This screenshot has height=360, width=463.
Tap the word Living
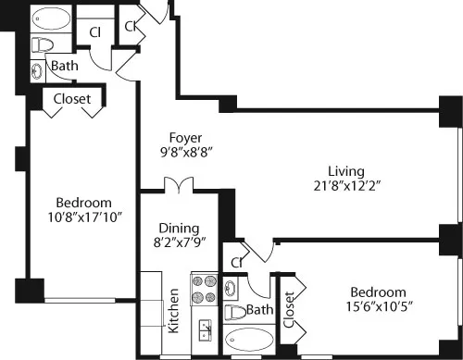tap(345, 170)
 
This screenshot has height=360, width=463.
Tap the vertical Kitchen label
tap(172, 311)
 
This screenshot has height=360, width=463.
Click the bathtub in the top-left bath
tap(47, 19)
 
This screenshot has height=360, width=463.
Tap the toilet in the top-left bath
tap(42, 43)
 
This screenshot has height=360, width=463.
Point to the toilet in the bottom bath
tap(237, 311)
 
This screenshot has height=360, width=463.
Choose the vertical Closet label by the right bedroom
tap(289, 310)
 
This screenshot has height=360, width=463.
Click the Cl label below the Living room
tap(237, 262)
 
